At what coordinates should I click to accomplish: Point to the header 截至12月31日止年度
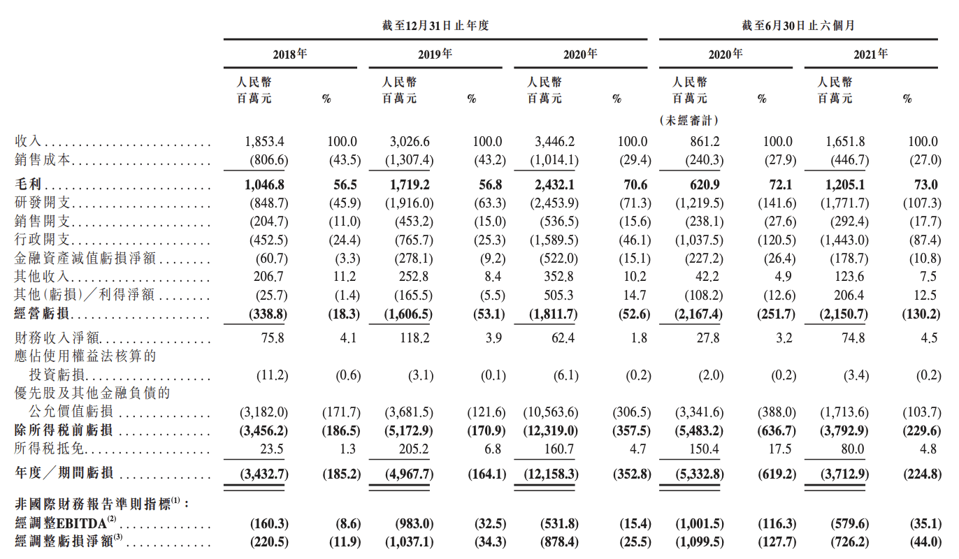[435, 26]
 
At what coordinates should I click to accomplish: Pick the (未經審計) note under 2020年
[689, 120]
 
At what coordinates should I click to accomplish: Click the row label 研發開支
[43, 203]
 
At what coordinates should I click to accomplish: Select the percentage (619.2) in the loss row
[775, 474]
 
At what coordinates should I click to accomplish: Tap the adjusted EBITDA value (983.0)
[412, 523]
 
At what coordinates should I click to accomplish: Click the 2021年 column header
[870, 54]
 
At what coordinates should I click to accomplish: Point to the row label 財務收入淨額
[52, 339]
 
